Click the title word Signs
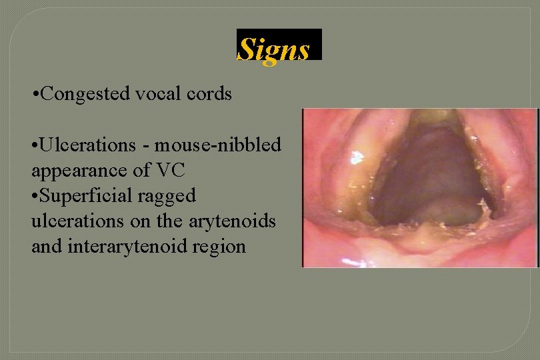274,49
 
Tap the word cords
209,94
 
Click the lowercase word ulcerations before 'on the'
73,221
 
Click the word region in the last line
223,247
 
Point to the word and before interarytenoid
45,247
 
